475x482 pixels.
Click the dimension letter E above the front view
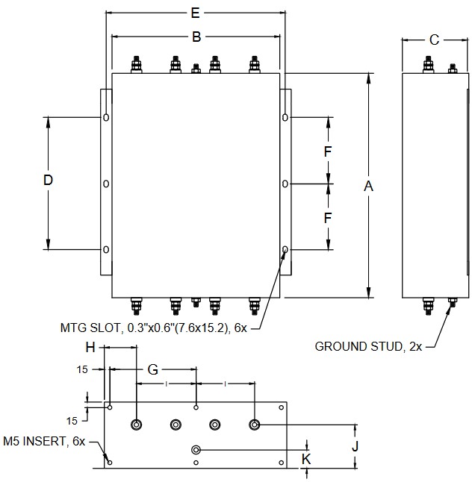[196, 13]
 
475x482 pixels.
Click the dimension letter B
[196, 36]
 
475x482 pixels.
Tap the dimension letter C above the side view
[434, 40]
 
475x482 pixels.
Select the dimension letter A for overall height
[367, 187]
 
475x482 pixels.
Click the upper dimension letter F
[327, 151]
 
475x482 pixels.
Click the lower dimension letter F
[327, 218]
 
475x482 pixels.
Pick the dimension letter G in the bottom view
[153, 369]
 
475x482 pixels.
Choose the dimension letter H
[90, 348]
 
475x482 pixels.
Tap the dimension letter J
[356, 446]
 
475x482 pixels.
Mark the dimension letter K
[306, 458]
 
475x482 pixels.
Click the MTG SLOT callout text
[158, 328]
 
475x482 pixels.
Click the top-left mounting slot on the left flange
[106, 117]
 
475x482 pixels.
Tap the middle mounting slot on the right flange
[285, 184]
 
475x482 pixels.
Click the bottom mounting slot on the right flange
[285, 250]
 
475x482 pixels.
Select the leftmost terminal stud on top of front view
[137, 65]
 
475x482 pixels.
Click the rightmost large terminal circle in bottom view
[255, 425]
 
